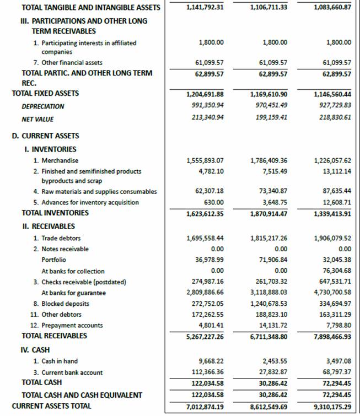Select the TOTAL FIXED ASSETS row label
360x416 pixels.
45,94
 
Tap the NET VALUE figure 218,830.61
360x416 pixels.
332,118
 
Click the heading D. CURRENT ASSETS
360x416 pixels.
45,136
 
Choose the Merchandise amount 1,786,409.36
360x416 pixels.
268,161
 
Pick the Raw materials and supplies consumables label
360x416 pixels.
99,192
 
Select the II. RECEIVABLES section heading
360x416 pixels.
48,226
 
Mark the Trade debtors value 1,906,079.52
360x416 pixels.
331,238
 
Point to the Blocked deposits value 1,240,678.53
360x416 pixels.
268,304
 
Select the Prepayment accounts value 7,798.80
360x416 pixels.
337,326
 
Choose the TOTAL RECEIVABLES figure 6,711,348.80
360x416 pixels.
268,336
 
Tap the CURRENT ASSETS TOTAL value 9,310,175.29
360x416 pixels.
332,407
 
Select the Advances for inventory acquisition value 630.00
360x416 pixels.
214,202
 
